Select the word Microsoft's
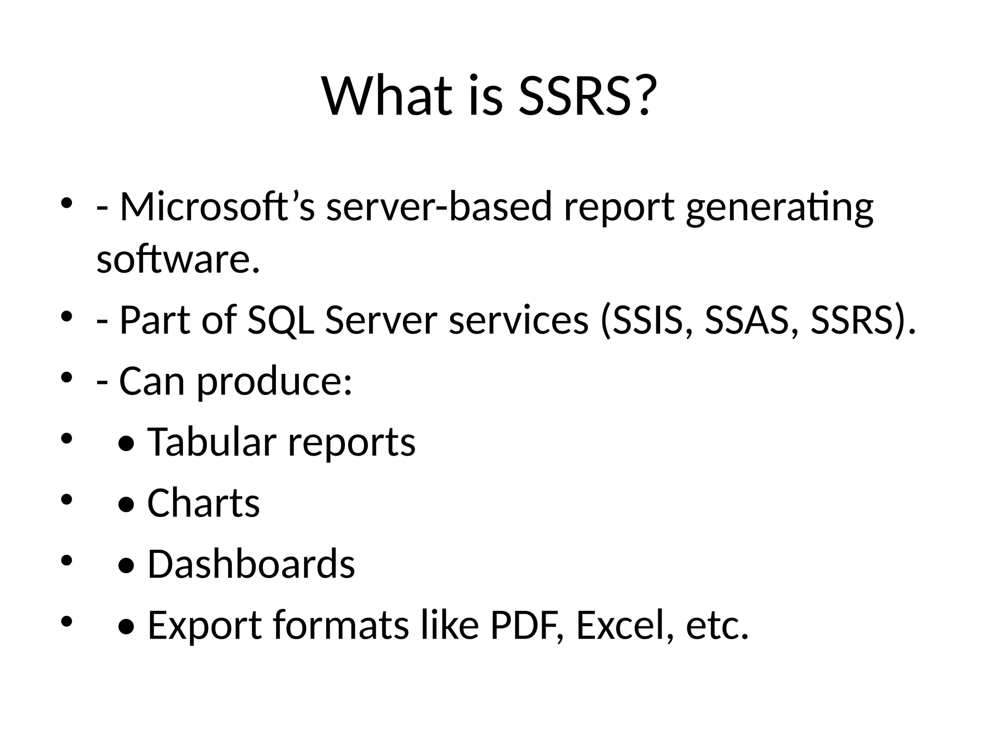217,207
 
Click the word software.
178,259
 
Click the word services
519,320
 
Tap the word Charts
204,503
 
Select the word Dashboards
251,564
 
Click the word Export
205,625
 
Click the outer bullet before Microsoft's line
66,203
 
